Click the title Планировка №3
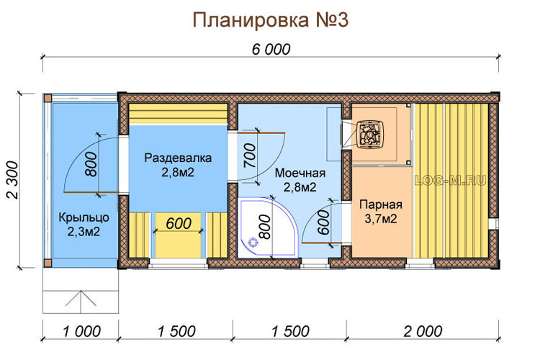pos(270,20)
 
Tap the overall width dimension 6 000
pos(271,49)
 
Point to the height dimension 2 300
pos(13,180)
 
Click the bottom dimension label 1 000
pos(81,332)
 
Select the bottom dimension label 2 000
pos(423,332)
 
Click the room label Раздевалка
pos(178,158)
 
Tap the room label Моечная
pos(300,173)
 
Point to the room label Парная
pos(381,204)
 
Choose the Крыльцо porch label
pos(84,217)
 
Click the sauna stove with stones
pos(370,135)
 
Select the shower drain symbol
pos(254,242)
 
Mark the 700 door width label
pos(251,156)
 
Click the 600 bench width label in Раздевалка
pos(179,224)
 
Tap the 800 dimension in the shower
pos(265,227)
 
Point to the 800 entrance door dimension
pos(91,164)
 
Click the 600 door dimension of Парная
pos(324,222)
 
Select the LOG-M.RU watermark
pos(450,180)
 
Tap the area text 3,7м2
pos(381,218)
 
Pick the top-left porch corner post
pos(48,98)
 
